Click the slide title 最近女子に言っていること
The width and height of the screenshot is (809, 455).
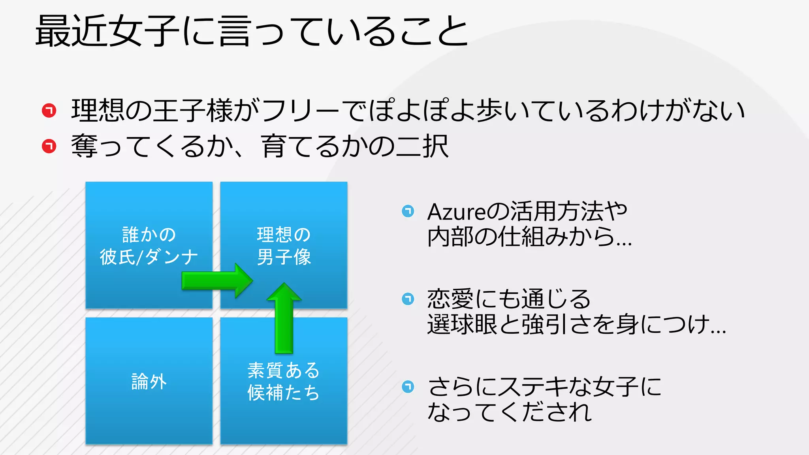[252, 31]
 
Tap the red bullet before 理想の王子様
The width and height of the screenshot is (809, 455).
[49, 110]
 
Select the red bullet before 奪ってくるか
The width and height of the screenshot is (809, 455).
[49, 146]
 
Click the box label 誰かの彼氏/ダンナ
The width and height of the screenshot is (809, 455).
[149, 246]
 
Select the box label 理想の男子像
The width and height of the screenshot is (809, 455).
[284, 246]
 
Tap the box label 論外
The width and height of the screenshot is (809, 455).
[149, 382]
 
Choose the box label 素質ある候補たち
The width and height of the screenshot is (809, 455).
[284, 382]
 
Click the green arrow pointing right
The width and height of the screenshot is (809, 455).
[217, 280]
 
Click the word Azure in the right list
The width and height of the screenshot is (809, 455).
[456, 212]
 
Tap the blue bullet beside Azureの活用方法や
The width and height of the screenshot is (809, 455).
[408, 211]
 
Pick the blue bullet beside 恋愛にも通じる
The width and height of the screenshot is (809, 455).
[408, 299]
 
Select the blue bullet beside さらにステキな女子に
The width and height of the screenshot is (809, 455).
[408, 386]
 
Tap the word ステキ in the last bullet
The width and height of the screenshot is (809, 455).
[532, 387]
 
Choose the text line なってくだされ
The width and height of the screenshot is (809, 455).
[510, 412]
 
